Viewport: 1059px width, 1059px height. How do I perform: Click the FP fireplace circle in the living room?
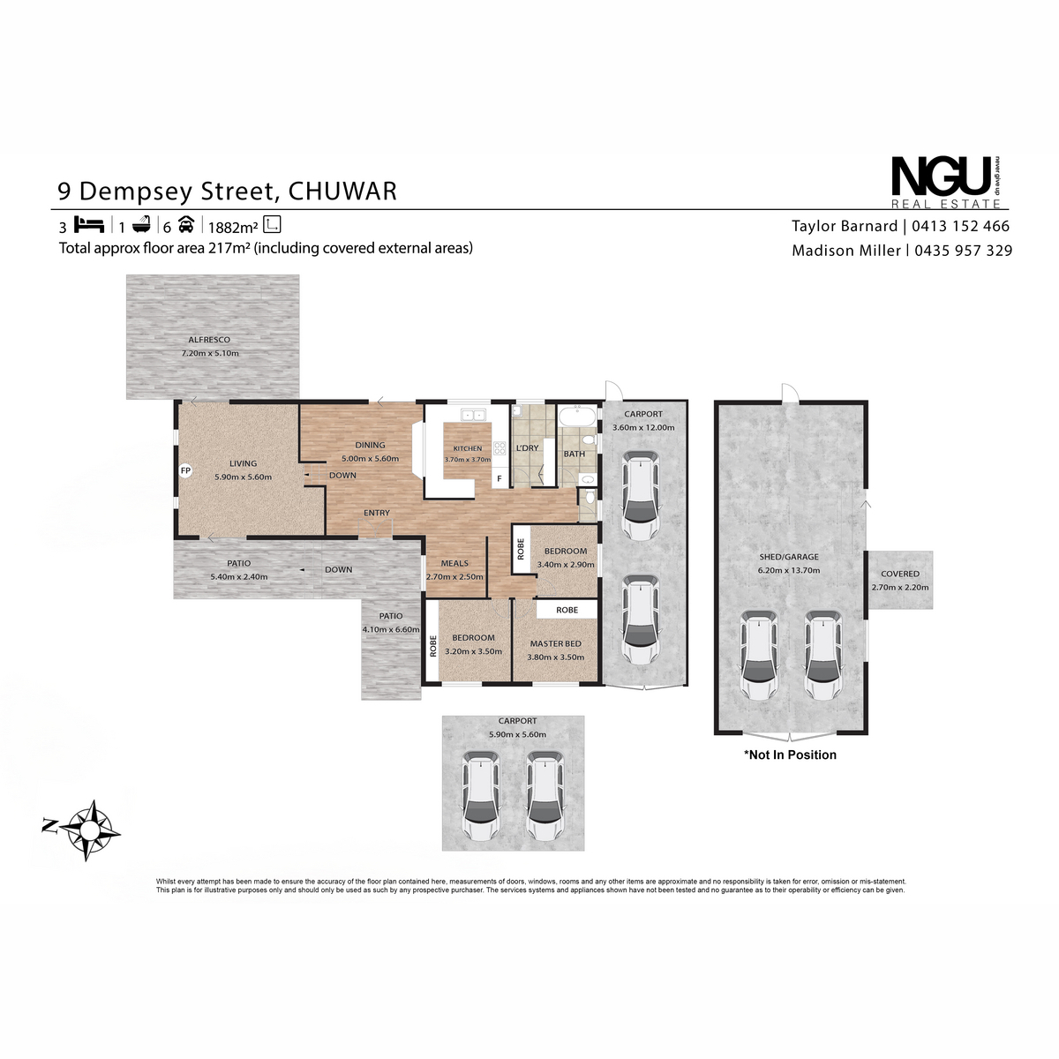(x=185, y=471)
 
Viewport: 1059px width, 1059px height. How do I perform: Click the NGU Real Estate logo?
(x=946, y=182)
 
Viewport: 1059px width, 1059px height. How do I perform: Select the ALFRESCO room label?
(x=209, y=340)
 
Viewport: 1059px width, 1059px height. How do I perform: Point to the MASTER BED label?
(x=556, y=643)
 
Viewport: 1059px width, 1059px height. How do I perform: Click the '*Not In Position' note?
(x=790, y=755)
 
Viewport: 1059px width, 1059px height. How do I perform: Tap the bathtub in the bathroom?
(x=577, y=416)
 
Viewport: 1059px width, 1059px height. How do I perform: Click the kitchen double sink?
(x=473, y=415)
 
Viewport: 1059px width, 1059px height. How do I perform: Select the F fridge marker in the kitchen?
(x=499, y=478)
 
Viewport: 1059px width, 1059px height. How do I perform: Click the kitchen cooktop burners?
(x=499, y=448)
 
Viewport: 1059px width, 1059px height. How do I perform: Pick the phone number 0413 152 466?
(x=961, y=226)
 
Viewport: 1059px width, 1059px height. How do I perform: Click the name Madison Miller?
(x=845, y=251)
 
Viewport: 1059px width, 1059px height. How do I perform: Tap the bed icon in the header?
(x=89, y=225)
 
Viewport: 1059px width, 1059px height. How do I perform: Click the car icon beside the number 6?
(x=186, y=225)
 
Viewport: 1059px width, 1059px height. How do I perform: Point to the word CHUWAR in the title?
(x=342, y=192)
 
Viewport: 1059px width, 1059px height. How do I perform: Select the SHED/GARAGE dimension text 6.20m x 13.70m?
(x=789, y=570)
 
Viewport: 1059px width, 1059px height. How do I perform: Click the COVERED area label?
(x=899, y=574)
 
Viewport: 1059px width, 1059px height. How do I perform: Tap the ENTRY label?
(x=377, y=513)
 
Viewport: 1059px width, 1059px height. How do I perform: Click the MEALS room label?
(x=454, y=563)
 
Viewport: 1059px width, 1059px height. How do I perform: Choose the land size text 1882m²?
(x=233, y=227)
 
